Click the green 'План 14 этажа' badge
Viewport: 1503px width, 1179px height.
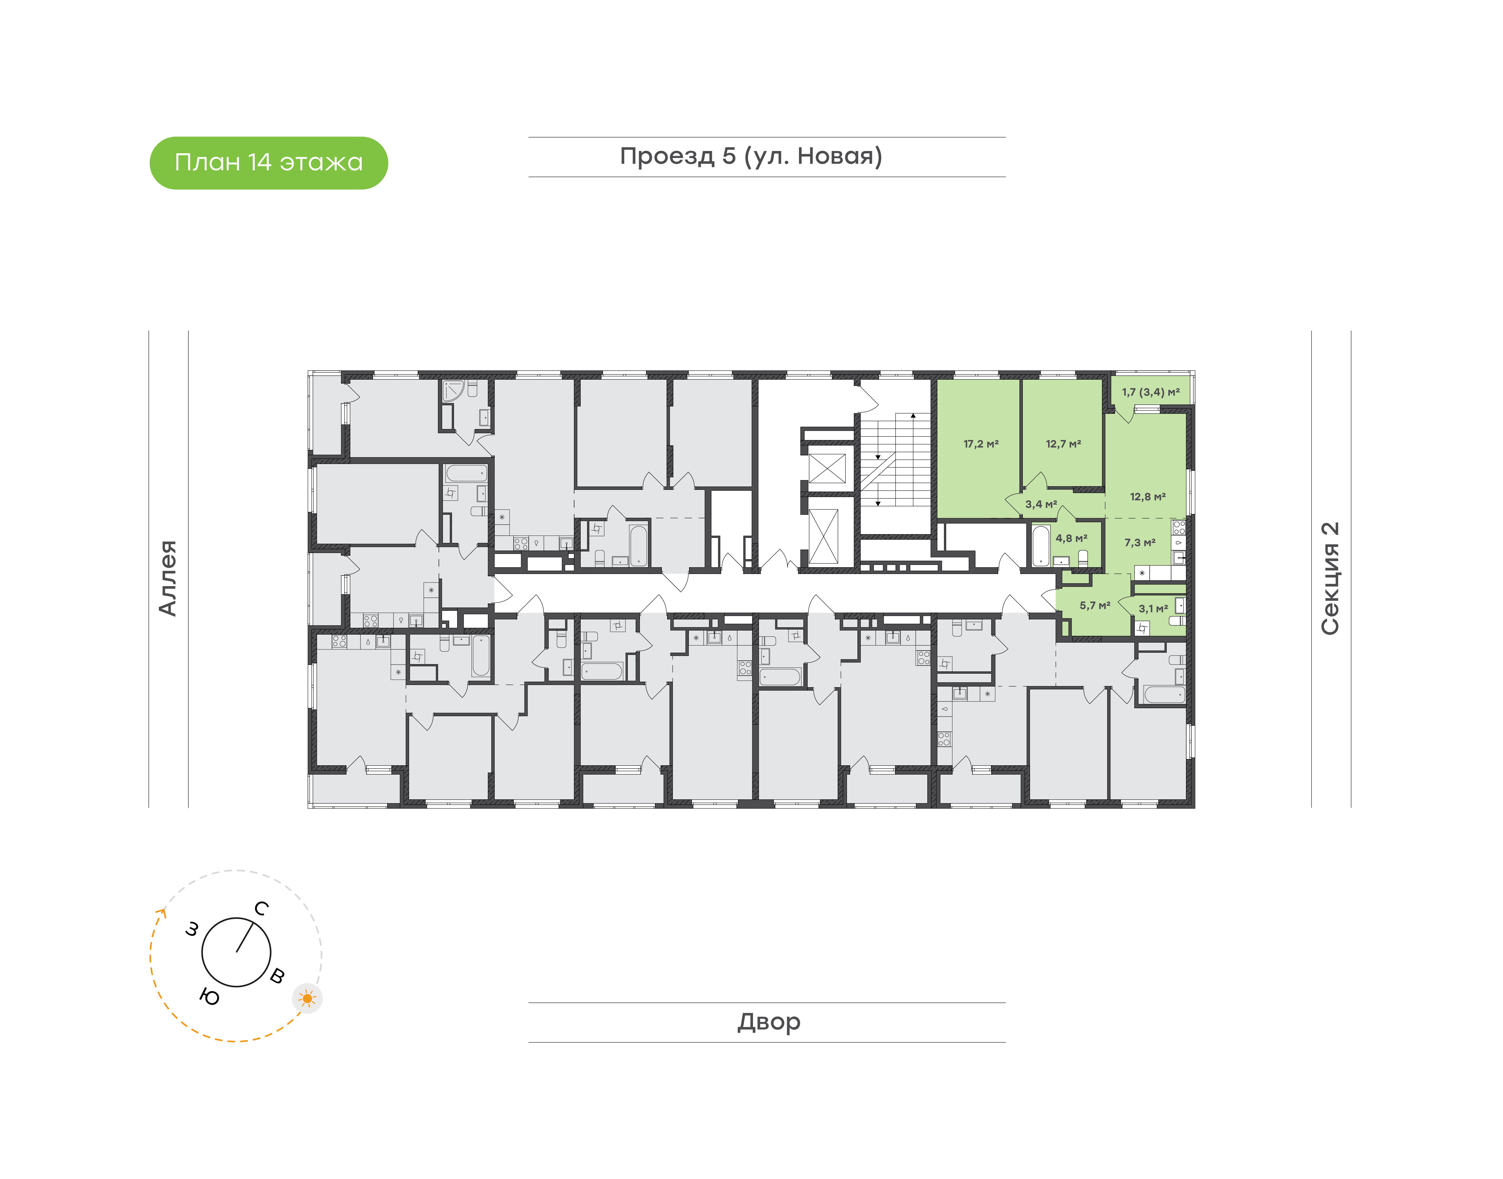click(269, 163)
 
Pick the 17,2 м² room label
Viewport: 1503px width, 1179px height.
click(981, 444)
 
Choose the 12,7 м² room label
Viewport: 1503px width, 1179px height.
click(1063, 444)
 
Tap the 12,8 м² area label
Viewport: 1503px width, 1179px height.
click(1148, 496)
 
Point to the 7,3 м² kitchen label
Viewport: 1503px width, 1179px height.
click(1140, 543)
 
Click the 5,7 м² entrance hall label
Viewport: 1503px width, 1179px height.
click(1095, 605)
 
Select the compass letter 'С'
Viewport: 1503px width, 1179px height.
click(261, 908)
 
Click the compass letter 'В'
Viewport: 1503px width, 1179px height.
click(277, 975)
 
